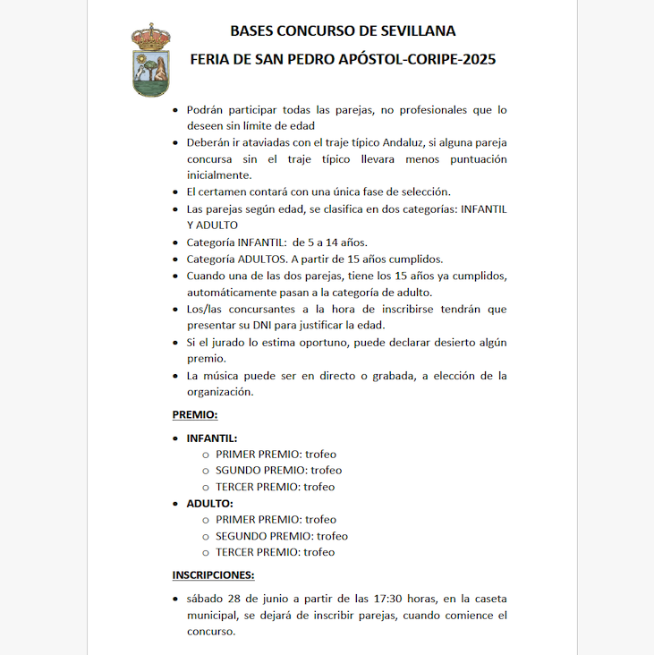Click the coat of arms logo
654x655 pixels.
click(150, 60)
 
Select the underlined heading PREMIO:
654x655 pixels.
click(195, 415)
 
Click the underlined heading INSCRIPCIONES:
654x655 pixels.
click(213, 575)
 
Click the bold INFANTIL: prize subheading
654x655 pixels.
click(212, 438)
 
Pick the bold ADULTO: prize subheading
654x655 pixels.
click(209, 504)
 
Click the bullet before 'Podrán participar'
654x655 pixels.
click(175, 110)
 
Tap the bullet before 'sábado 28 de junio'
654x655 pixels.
click(175, 599)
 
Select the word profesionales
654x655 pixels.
click(434, 110)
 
